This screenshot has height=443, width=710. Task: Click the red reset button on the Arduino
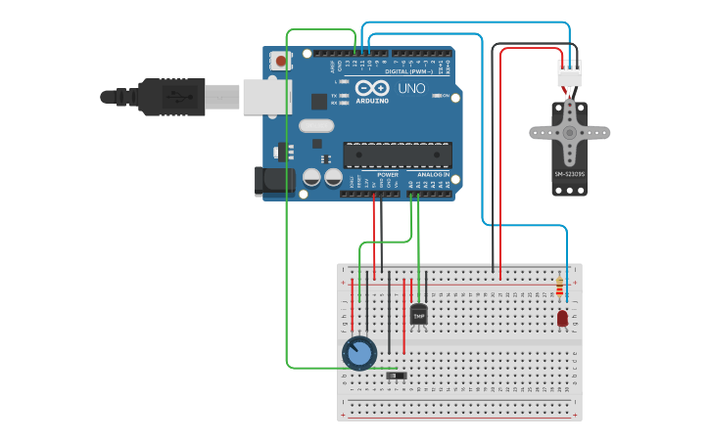[281, 61]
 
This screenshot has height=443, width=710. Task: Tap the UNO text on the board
[411, 89]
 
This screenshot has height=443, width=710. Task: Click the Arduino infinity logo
[371, 88]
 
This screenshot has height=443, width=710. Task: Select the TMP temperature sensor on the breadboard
[419, 315]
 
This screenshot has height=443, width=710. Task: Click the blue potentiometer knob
[359, 353]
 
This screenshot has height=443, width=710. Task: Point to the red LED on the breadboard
[562, 318]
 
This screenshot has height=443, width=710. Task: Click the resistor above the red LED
[559, 287]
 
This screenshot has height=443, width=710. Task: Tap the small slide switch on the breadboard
[396, 376]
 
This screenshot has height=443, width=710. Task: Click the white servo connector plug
[569, 73]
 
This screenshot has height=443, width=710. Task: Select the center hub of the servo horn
[569, 132]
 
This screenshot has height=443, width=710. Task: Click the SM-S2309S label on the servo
[569, 175]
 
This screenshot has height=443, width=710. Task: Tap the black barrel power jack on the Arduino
[274, 180]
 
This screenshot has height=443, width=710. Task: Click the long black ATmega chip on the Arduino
[397, 155]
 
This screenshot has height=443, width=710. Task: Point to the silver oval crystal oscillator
[316, 125]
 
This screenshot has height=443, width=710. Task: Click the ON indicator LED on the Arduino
[434, 96]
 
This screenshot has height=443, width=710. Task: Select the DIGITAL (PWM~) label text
[410, 71]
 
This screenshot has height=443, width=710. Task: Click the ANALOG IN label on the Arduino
[432, 174]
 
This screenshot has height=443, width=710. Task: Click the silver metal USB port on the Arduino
[266, 96]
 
